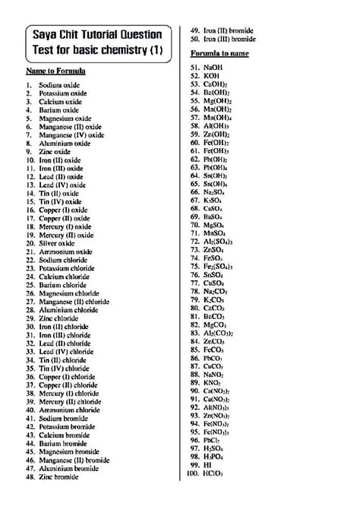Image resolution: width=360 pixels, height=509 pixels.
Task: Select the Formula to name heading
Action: pyautogui.click(x=220, y=55)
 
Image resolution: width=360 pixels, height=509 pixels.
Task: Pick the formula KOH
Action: pyautogui.click(x=212, y=77)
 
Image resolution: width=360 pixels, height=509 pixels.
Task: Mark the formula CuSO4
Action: pyautogui.click(x=214, y=283)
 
